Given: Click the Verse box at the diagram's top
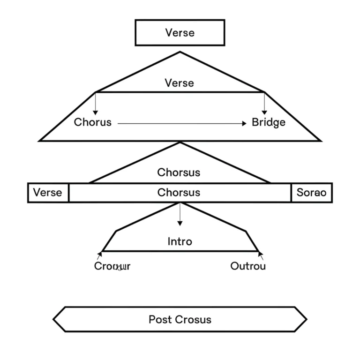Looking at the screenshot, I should [x=180, y=33].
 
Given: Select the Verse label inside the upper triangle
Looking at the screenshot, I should [x=179, y=83].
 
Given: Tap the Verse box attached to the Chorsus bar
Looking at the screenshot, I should [x=48, y=193].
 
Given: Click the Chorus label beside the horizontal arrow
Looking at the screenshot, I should [x=93, y=122].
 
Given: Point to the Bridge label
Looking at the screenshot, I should [x=268, y=122].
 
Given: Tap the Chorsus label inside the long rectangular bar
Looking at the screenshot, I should [x=179, y=193].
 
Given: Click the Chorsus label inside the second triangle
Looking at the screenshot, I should [x=179, y=172].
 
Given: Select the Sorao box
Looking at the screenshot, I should [x=311, y=193].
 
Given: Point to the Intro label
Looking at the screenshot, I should [x=180, y=241].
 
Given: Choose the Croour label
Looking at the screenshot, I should [x=112, y=266].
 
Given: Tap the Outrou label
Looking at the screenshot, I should [x=248, y=266].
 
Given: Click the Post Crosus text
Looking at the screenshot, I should [x=180, y=320].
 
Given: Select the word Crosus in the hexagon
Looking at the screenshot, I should [x=193, y=320].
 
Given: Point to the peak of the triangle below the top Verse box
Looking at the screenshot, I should [x=180, y=52].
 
